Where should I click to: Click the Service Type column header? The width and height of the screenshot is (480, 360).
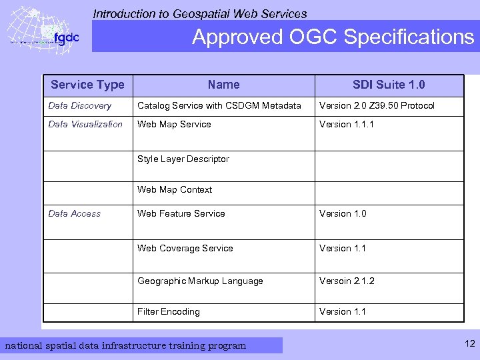pyautogui.click(x=87, y=85)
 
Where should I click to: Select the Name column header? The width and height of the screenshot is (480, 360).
pyautogui.click(x=223, y=85)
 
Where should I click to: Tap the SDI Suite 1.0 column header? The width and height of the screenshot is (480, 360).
pyautogui.click(x=389, y=85)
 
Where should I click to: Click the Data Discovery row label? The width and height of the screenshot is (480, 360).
pyautogui.click(x=80, y=105)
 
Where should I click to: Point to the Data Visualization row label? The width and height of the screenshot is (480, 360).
pyautogui.click(x=85, y=124)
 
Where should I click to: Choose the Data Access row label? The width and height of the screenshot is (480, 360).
pyautogui.click(x=75, y=213)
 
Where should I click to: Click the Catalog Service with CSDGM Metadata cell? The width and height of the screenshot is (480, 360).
pyautogui.click(x=219, y=105)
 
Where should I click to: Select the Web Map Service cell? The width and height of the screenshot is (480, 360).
pyautogui.click(x=174, y=124)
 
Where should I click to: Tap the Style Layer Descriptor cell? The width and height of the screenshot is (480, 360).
pyautogui.click(x=183, y=159)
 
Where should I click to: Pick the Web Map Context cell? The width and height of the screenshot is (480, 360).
pyautogui.click(x=175, y=189)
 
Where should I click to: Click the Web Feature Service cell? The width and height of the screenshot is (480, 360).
pyautogui.click(x=181, y=213)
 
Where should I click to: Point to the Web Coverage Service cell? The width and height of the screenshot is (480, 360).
pyautogui.click(x=185, y=248)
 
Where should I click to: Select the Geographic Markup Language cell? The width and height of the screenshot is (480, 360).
pyautogui.click(x=200, y=281)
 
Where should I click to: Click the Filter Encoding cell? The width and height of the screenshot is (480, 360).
pyautogui.click(x=169, y=311)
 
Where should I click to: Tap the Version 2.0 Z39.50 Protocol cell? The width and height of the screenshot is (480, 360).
pyautogui.click(x=377, y=105)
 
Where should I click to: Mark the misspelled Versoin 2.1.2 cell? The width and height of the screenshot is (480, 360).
pyautogui.click(x=347, y=281)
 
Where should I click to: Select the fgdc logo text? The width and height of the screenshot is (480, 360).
pyautogui.click(x=65, y=38)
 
